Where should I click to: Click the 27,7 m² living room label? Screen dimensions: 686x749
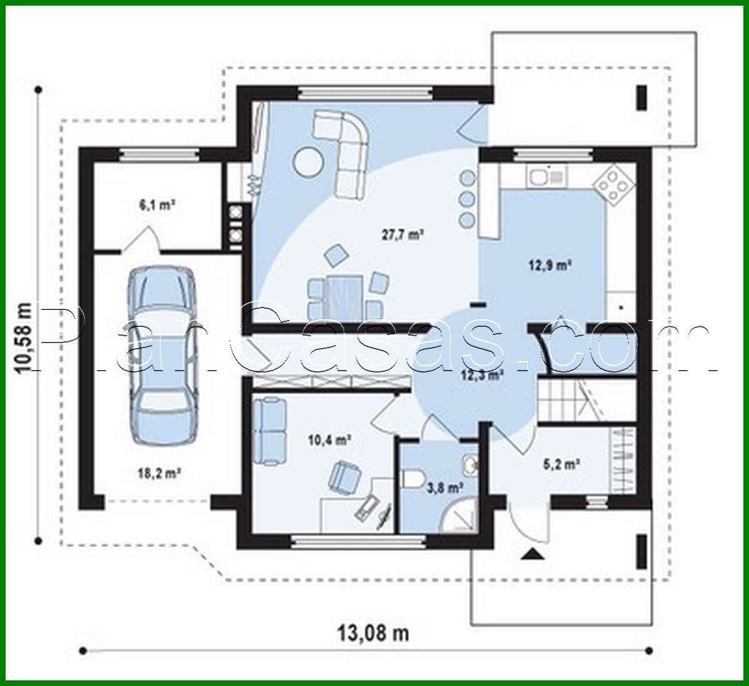(403, 235)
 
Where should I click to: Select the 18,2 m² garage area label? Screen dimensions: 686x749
(158, 473)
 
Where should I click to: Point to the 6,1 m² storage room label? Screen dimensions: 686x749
(151, 204)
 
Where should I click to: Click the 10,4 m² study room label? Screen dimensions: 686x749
(327, 440)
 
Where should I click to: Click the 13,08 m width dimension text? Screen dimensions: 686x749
(373, 634)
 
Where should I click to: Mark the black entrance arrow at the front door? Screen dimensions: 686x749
(532, 554)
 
